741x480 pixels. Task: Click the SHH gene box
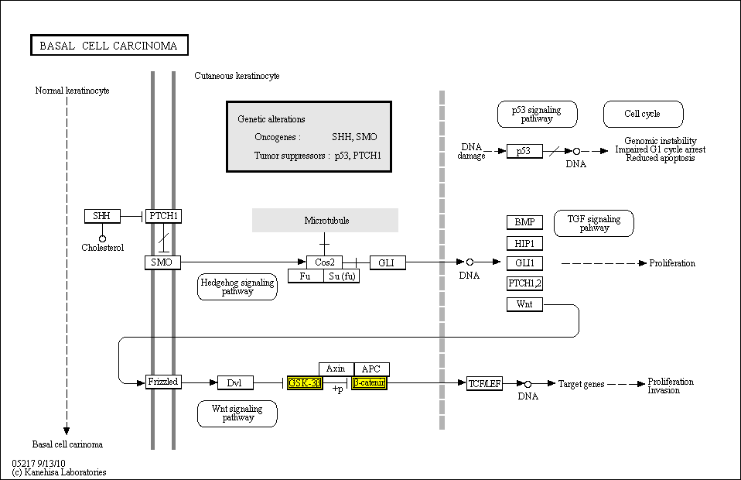pos(102,216)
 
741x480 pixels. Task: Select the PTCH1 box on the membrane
pos(163,216)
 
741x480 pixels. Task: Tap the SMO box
pos(162,262)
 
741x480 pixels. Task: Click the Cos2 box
pos(324,262)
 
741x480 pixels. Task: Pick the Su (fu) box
pos(341,276)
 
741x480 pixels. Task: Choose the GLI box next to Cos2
pos(387,262)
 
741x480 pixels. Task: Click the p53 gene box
pos(524,152)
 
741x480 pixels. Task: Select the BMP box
pos(524,222)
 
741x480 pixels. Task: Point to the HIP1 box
pos(524,243)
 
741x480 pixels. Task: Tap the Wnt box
pos(524,304)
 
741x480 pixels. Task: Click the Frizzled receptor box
pos(163,382)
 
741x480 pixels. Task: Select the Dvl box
pos(235,382)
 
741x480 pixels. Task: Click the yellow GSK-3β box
pos(305,382)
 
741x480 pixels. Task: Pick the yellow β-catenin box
pos(369,382)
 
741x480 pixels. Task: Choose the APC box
pos(372,369)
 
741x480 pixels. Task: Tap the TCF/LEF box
pos(485,383)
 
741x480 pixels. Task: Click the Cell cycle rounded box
pos(643,114)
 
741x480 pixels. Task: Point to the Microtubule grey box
pos(326,221)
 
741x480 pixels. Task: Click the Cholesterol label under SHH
pos(103,248)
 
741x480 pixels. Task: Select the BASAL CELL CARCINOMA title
pos(108,46)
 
